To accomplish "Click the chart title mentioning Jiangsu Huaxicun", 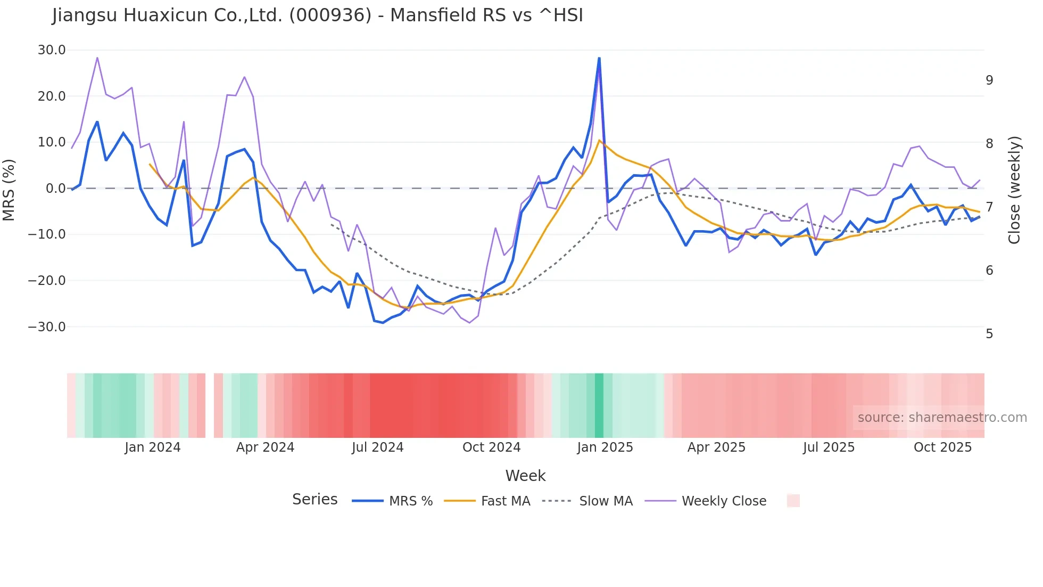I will coord(318,15).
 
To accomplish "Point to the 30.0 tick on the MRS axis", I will coord(52,50).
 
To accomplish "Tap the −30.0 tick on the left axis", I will coord(47,327).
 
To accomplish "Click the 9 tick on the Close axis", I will coord(989,80).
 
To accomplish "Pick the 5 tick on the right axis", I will coord(989,334).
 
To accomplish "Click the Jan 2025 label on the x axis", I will coord(605,447).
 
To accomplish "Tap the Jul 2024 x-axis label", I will coord(378,447).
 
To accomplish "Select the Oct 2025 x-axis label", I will coord(942,447).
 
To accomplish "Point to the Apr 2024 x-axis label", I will coord(265,447).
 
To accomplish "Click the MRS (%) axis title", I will coord(9,190).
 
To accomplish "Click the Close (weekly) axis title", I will coord(1014,190).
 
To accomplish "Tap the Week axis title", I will coord(525,476).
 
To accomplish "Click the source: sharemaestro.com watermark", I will coord(942,418).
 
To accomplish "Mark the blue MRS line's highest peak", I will coord(599,58).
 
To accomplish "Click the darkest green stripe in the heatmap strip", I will coord(599,405).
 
